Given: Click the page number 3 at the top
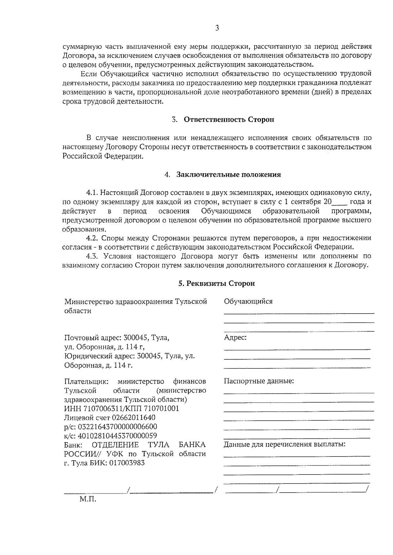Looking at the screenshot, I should click(x=217, y=28).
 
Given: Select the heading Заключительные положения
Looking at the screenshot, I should click(x=229, y=175).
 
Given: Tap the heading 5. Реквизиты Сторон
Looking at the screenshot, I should click(x=216, y=284).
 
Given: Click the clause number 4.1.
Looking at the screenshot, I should click(x=92, y=193).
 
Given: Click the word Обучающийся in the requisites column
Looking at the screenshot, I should click(x=248, y=302).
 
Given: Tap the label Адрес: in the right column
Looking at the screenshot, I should click(x=235, y=338).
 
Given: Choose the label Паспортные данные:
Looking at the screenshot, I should click(x=259, y=381).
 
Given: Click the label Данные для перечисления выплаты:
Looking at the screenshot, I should click(x=285, y=445).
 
